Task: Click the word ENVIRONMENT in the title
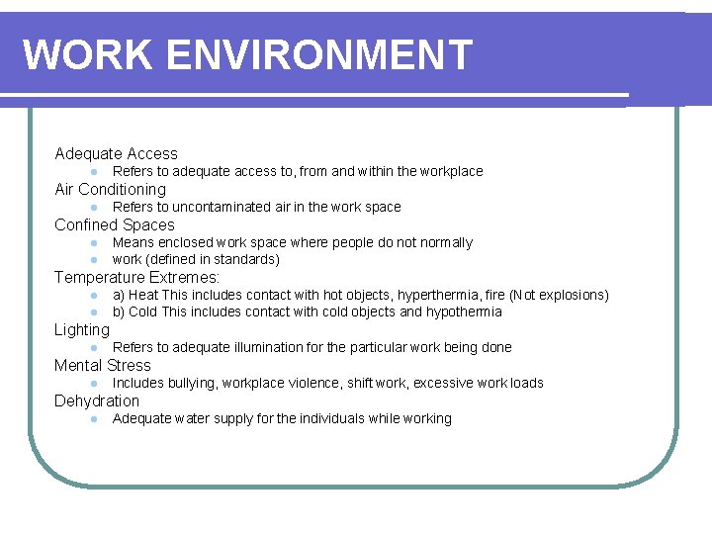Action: (320, 54)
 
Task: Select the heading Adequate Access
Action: (116, 153)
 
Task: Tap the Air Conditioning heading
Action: (110, 189)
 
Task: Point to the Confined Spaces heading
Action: (114, 224)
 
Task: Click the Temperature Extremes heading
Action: (136, 277)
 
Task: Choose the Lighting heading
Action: (82, 329)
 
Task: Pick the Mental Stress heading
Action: (103, 365)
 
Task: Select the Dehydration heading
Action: (97, 400)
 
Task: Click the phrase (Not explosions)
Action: (559, 295)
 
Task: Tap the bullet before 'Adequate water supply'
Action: (90, 418)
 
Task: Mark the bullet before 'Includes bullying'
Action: (90, 383)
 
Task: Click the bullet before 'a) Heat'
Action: (90, 295)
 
